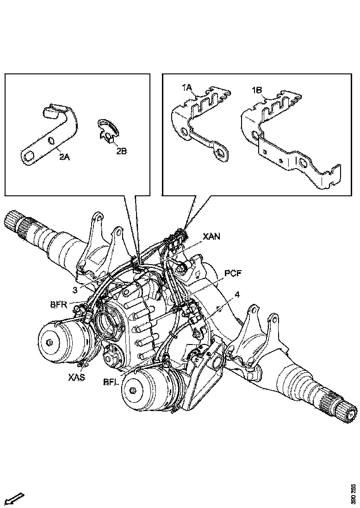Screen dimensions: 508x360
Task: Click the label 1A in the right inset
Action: click(x=187, y=88)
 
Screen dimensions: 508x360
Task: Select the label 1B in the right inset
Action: click(x=258, y=90)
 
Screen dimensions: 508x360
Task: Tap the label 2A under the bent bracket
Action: click(x=64, y=156)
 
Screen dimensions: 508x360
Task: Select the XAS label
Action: click(x=77, y=377)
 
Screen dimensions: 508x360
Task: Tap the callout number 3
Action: click(x=75, y=290)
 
